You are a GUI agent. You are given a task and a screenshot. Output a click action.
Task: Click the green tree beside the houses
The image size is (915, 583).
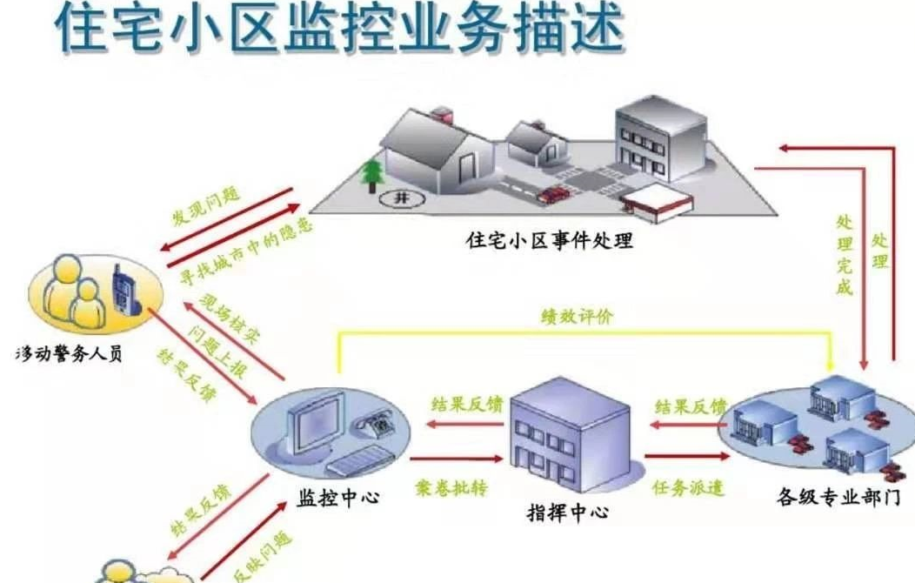[x=372, y=173]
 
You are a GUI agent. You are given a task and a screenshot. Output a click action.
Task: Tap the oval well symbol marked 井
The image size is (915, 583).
[x=401, y=198]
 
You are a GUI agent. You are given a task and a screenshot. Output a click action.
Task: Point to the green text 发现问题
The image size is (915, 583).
[x=206, y=208]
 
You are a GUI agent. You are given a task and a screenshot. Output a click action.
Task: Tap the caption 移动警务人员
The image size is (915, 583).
[x=67, y=357]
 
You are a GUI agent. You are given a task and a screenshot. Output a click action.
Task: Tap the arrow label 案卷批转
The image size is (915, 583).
[x=450, y=486]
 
